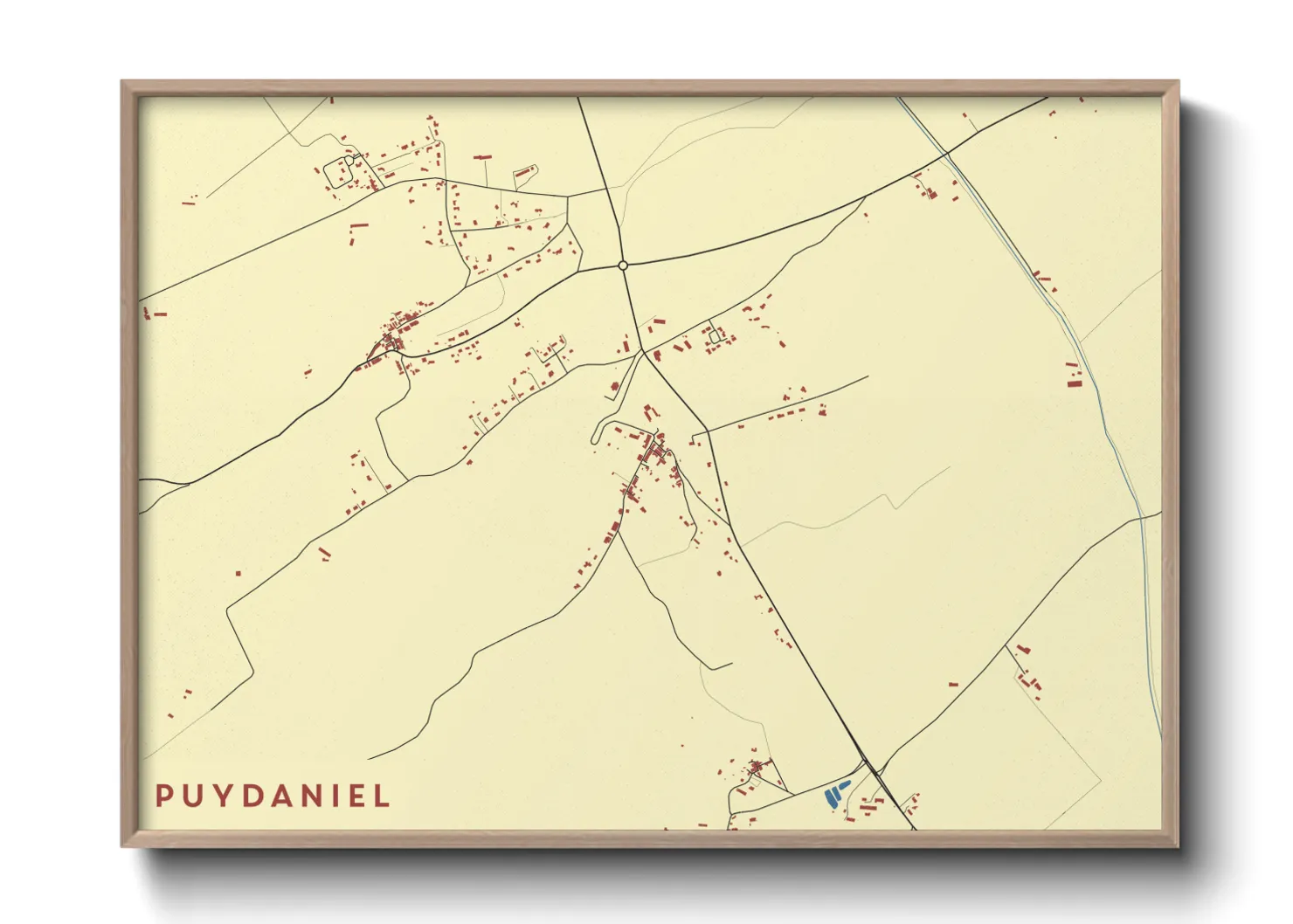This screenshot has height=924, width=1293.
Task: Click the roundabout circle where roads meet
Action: [623, 265]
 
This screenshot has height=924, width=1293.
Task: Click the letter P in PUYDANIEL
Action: [163, 796]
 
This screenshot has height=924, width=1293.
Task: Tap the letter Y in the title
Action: [221, 796]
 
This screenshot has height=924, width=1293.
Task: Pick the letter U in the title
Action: [191, 796]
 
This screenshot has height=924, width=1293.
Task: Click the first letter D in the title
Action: [251, 796]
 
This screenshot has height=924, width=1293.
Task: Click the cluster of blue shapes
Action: [834, 793]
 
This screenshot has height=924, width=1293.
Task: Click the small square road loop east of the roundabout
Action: [715, 336]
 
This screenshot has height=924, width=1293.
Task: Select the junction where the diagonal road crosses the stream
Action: [947, 155]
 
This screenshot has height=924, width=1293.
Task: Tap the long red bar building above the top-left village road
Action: [482, 157]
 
